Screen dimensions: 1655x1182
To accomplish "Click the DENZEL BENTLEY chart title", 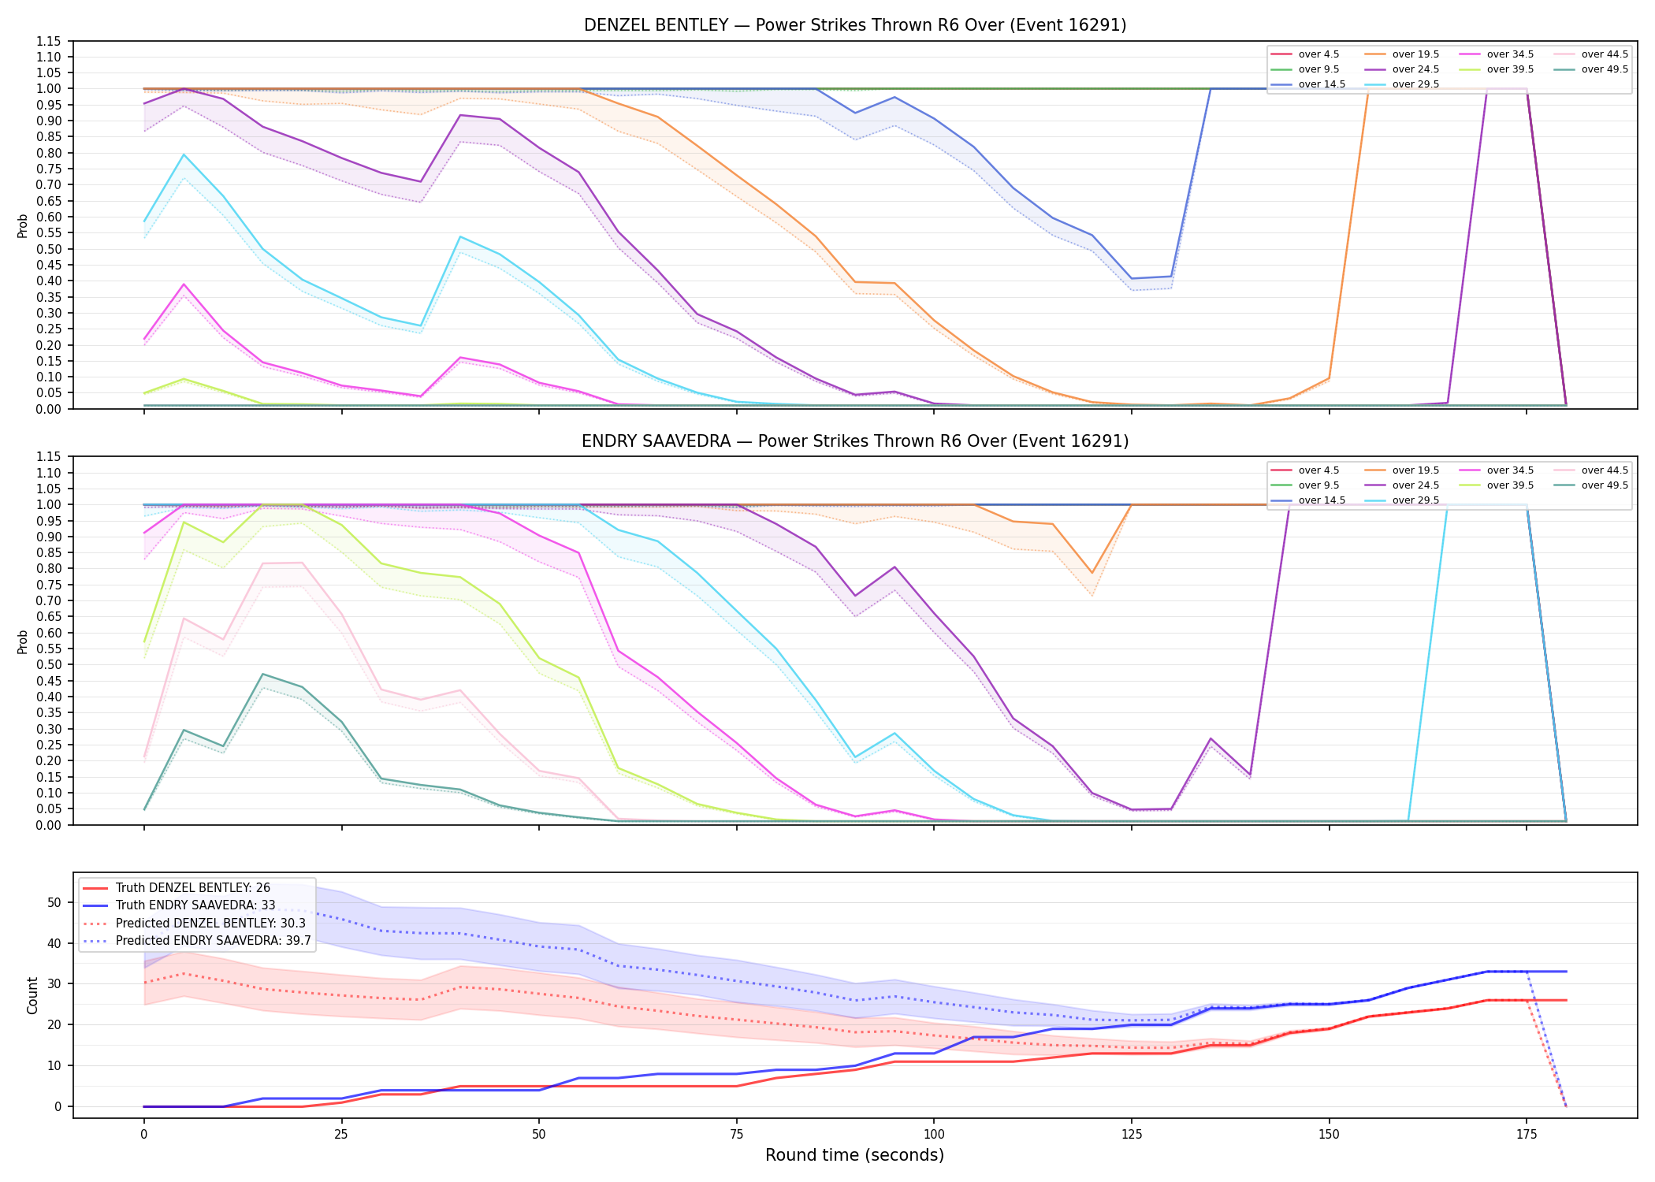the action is [x=855, y=25].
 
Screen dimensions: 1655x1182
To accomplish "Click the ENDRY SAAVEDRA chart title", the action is [x=855, y=441].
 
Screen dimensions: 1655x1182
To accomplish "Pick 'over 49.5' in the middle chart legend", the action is [x=1605, y=485].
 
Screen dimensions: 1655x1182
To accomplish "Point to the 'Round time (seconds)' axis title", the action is [x=854, y=1155].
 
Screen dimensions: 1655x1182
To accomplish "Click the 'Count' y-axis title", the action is [x=32, y=995].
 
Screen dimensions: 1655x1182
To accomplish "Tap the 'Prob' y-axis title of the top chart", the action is [x=23, y=225].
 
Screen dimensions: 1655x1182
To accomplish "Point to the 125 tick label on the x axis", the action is [x=1131, y=1135].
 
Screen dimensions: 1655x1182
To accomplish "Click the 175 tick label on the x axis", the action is [x=1527, y=1135].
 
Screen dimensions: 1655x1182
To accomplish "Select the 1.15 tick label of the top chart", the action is [x=49, y=41].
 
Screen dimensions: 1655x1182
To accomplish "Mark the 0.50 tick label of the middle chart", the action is [x=49, y=664].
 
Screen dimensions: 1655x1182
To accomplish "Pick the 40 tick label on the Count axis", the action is [x=54, y=943].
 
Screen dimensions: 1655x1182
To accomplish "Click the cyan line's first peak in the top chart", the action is [x=184, y=154].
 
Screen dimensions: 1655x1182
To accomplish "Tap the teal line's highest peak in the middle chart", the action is [x=262, y=674].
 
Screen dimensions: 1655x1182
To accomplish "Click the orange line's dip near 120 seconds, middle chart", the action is [x=1092, y=573].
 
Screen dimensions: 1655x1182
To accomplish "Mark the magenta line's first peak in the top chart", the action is [x=184, y=284].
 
